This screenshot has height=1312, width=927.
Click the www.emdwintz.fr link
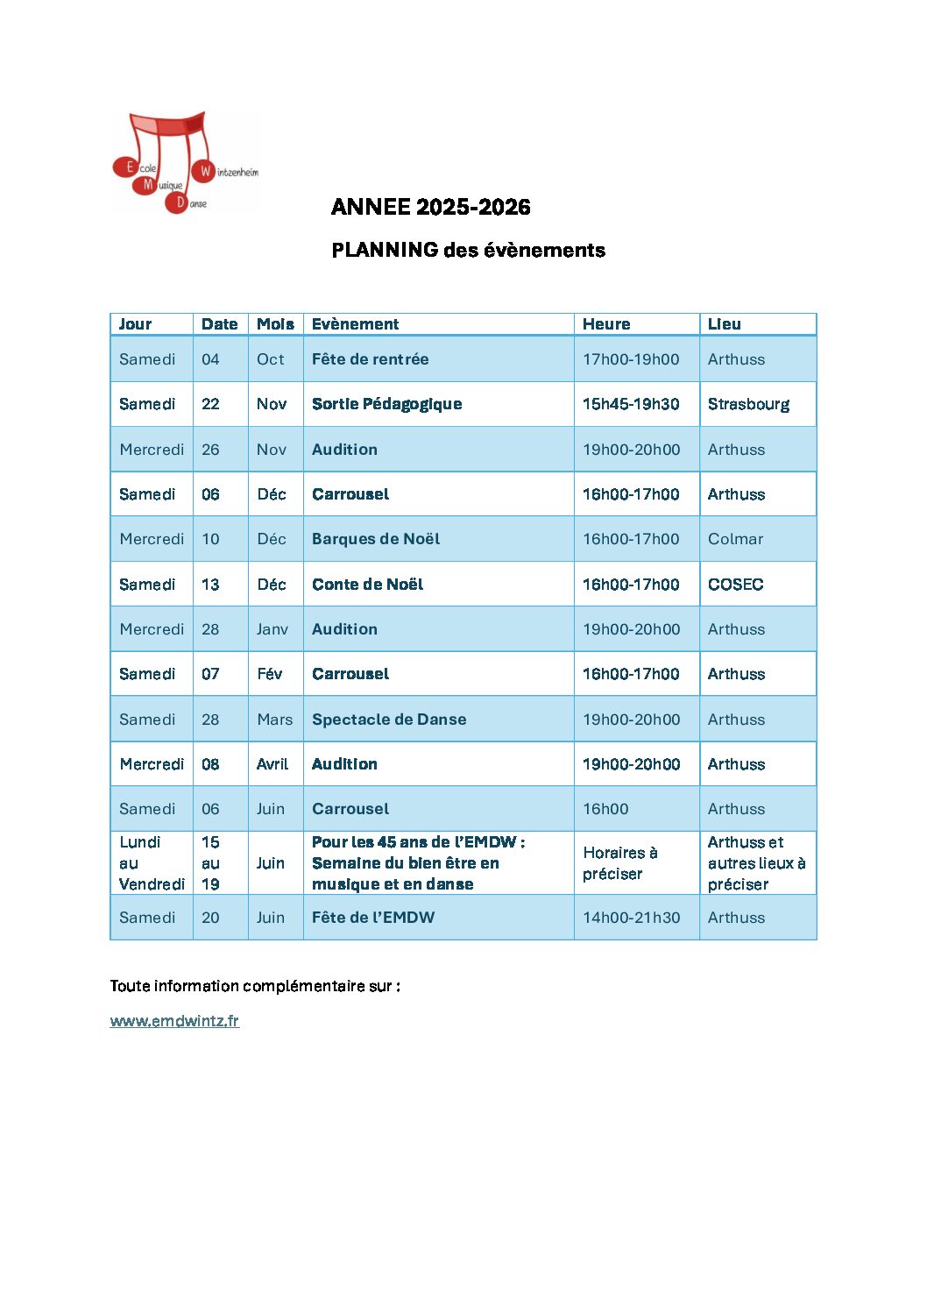pyautogui.click(x=174, y=1021)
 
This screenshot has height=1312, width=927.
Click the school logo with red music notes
pyautogui.click(x=186, y=163)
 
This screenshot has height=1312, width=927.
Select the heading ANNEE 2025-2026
pyautogui.click(x=430, y=207)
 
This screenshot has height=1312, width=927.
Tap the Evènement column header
pyautogui.click(x=355, y=324)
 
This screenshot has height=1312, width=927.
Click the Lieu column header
pyautogui.click(x=724, y=324)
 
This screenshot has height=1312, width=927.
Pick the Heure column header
pyautogui.click(x=606, y=324)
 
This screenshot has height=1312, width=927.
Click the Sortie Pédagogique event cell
pyautogui.click(x=386, y=404)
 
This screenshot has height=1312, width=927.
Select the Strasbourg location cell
pyautogui.click(x=748, y=404)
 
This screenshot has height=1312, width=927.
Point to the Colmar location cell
pyautogui.click(x=735, y=539)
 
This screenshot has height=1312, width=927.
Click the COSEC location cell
pyautogui.click(x=735, y=585)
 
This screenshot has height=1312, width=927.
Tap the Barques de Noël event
pyautogui.click(x=376, y=539)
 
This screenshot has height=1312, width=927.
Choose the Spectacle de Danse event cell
pyautogui.click(x=389, y=720)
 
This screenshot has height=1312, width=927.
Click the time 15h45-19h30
pyautogui.click(x=631, y=404)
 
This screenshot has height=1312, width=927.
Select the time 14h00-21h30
pyautogui.click(x=631, y=918)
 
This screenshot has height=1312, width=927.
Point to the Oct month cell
pyautogui.click(x=270, y=359)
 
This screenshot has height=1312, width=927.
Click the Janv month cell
pyautogui.click(x=272, y=629)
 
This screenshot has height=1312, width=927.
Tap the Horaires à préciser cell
pyautogui.click(x=619, y=863)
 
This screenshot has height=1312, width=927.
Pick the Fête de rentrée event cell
pyautogui.click(x=370, y=359)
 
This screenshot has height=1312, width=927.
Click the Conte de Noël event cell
pyautogui.click(x=367, y=585)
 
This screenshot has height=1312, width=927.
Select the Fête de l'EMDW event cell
pyautogui.click(x=372, y=918)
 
